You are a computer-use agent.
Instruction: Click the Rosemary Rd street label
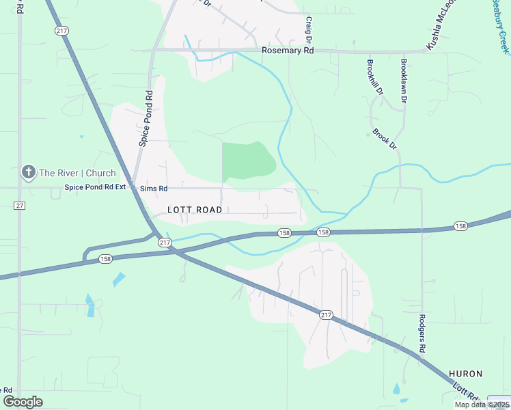[x=288, y=51]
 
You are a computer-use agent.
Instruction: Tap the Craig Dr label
[x=309, y=31]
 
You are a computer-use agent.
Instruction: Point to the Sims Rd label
[x=154, y=188]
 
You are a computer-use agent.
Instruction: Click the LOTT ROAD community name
[x=195, y=210]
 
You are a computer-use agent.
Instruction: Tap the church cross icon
[x=29, y=173]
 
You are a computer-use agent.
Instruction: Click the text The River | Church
[x=77, y=173]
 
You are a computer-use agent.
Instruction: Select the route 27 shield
[x=19, y=206]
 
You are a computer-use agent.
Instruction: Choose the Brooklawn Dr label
[x=404, y=81]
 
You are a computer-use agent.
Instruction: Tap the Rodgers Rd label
[x=422, y=333]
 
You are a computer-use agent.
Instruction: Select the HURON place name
[x=466, y=374]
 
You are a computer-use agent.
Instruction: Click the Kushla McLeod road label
[x=441, y=31]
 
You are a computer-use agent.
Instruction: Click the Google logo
[x=23, y=402]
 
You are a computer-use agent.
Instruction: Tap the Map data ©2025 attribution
[x=482, y=405]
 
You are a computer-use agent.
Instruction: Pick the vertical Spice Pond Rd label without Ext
[x=145, y=118]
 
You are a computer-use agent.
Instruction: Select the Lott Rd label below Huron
[x=468, y=396]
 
